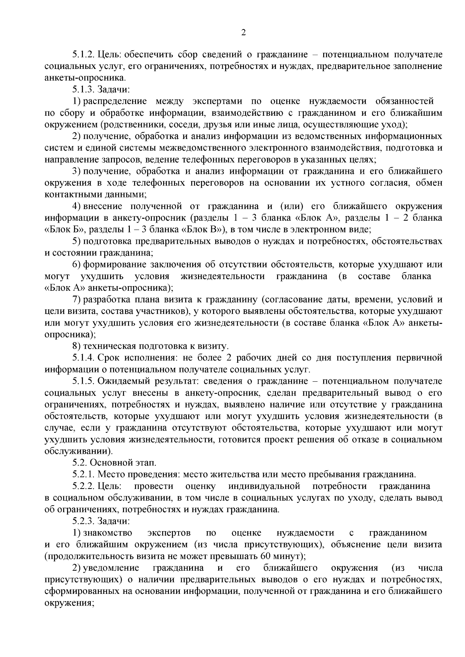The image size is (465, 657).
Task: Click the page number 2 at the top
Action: pos(243,33)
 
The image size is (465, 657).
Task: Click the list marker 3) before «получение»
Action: pos(76,171)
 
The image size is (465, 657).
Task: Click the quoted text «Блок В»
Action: pos(203,230)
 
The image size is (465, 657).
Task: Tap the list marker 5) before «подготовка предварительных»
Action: pos(76,241)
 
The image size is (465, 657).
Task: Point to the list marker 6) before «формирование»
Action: pos(76,265)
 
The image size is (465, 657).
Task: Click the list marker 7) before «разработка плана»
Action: pos(76,300)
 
